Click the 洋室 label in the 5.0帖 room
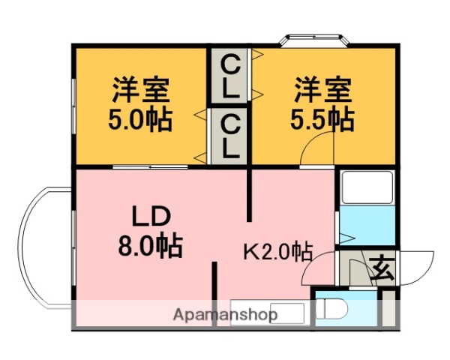[x=141, y=90]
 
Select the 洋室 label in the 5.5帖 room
[x=322, y=90]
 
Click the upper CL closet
[x=229, y=78]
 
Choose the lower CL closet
[x=229, y=136]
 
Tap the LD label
[x=152, y=217]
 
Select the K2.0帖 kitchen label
[x=277, y=250]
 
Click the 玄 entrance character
[x=382, y=267]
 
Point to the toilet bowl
[x=329, y=310]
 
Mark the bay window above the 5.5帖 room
[x=313, y=40]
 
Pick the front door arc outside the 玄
[x=415, y=266]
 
